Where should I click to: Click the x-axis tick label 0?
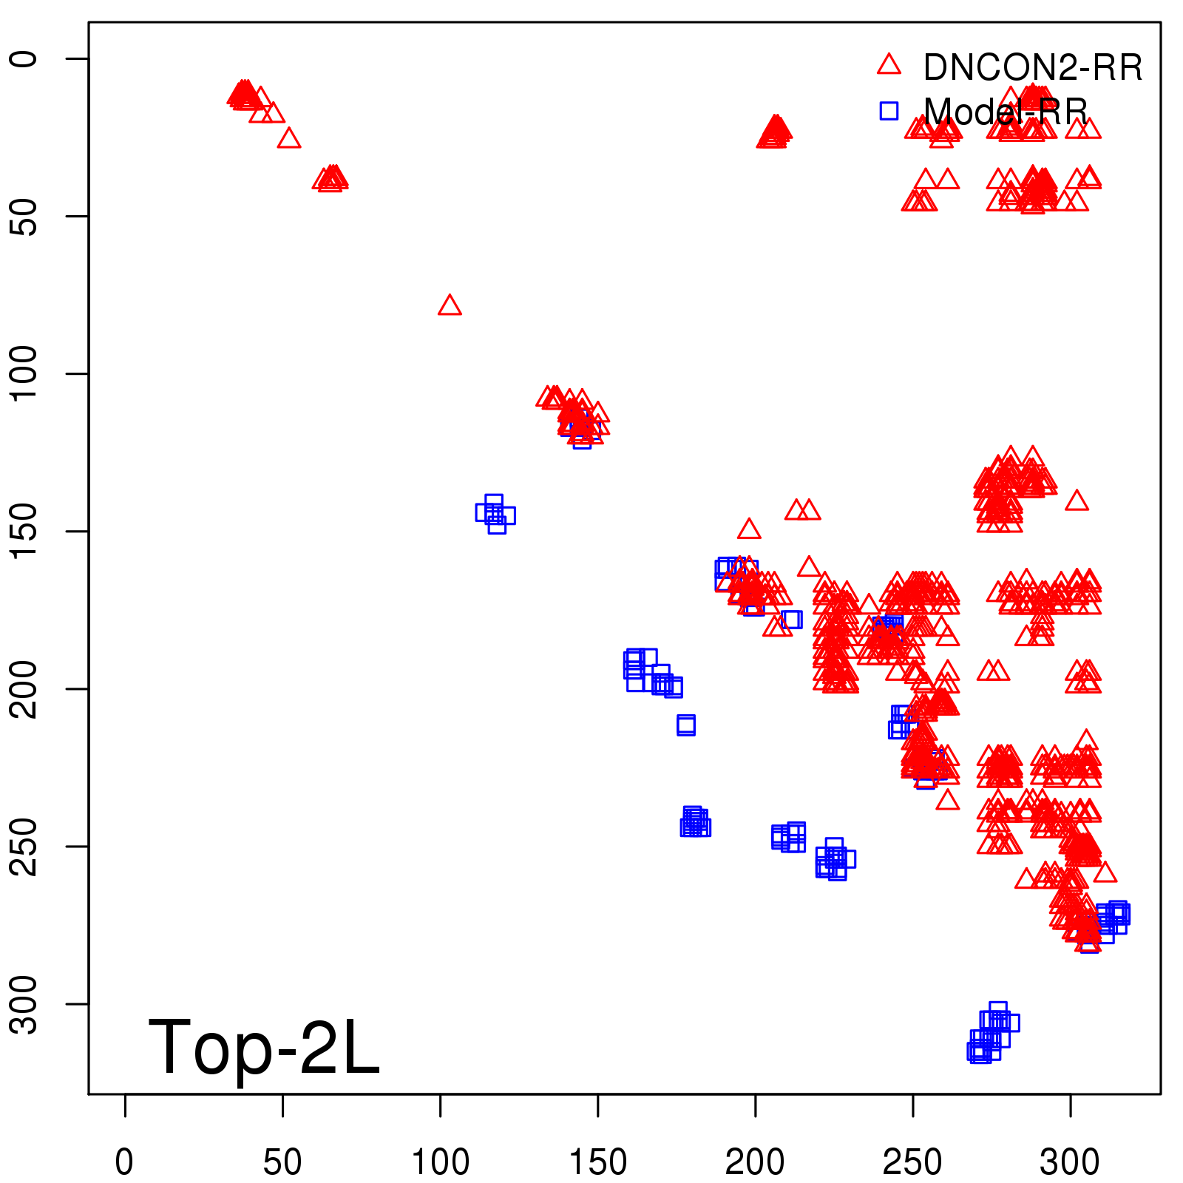(x=124, y=1162)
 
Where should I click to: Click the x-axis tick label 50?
(x=282, y=1162)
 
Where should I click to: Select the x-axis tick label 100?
(x=440, y=1162)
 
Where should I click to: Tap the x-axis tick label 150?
(x=597, y=1162)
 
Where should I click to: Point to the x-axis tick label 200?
(x=755, y=1162)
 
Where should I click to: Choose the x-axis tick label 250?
(x=912, y=1162)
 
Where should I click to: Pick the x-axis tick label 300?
(x=1070, y=1162)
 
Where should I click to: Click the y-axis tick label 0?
(x=24, y=58)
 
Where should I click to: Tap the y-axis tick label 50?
(x=24, y=216)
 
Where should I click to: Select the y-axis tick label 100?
(x=24, y=373)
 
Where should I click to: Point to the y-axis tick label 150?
(x=24, y=531)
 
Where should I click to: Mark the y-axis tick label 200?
(x=24, y=688)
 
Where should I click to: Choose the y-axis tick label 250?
(x=24, y=846)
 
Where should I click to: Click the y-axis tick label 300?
(x=24, y=1003)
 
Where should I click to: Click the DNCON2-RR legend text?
(x=1033, y=68)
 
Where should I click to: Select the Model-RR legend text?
(x=1006, y=112)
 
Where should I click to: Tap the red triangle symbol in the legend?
(x=889, y=65)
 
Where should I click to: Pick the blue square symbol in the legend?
(x=889, y=111)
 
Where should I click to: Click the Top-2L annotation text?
(x=264, y=1047)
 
